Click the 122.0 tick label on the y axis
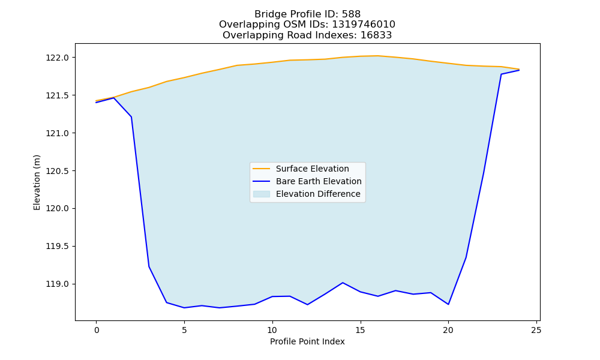pos(58,58)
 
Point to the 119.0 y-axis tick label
pos(58,284)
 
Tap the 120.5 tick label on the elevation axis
pos(58,171)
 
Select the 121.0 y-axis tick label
pos(58,133)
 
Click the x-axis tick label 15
pos(360,330)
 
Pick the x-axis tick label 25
pos(536,330)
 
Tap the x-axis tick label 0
pos(97,330)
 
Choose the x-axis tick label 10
pos(272,330)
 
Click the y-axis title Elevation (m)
pos(37,182)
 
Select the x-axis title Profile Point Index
pos(307,341)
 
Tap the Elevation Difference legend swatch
pos(262,194)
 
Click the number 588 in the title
pos(351,14)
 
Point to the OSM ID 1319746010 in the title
pos(364,25)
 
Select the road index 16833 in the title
pos(376,35)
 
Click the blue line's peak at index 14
pos(343,283)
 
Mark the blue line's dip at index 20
pos(448,305)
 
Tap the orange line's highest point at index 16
pos(377,56)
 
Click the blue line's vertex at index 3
pos(149,266)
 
